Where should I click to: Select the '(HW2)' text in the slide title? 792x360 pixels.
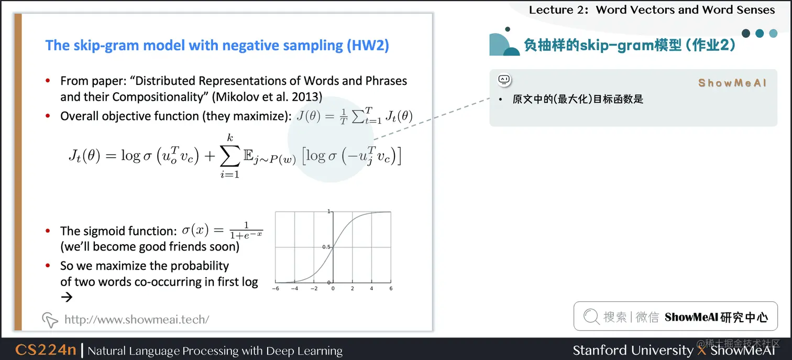pyautogui.click(x=368, y=45)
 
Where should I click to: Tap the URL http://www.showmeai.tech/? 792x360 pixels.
pyautogui.click(x=136, y=319)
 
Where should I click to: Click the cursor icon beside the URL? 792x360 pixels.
pyautogui.click(x=50, y=319)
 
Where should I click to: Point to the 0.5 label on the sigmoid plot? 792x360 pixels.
pyautogui.click(x=325, y=247)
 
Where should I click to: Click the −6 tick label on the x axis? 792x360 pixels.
pyautogui.click(x=277, y=289)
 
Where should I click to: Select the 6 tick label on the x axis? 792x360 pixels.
pyautogui.click(x=391, y=289)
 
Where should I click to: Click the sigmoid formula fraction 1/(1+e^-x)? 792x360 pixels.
pyautogui.click(x=246, y=231)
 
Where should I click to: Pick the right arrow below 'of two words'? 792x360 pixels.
pyautogui.click(x=66, y=297)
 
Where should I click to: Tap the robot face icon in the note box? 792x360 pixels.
pyautogui.click(x=504, y=80)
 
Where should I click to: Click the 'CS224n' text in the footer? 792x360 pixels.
pyautogui.click(x=46, y=350)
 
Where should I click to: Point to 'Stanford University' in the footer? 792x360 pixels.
pyautogui.click(x=632, y=350)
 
